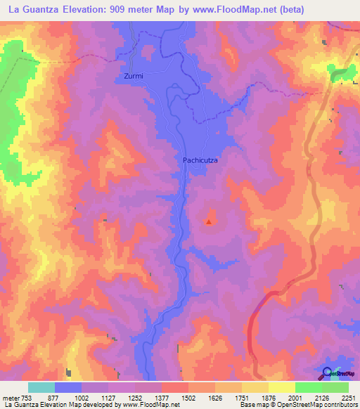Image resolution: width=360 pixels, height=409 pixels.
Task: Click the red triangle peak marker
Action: click(x=209, y=223)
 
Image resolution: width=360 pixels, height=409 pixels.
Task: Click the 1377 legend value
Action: click(x=162, y=398)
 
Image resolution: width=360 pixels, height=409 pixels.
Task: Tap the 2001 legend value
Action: click(x=295, y=398)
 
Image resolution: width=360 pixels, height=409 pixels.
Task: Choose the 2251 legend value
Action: click(x=349, y=398)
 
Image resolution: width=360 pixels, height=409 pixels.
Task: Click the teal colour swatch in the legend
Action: click(x=41, y=387)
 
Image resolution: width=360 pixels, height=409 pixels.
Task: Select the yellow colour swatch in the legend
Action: click(x=281, y=387)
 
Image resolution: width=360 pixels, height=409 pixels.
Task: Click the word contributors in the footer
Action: click(x=336, y=405)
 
